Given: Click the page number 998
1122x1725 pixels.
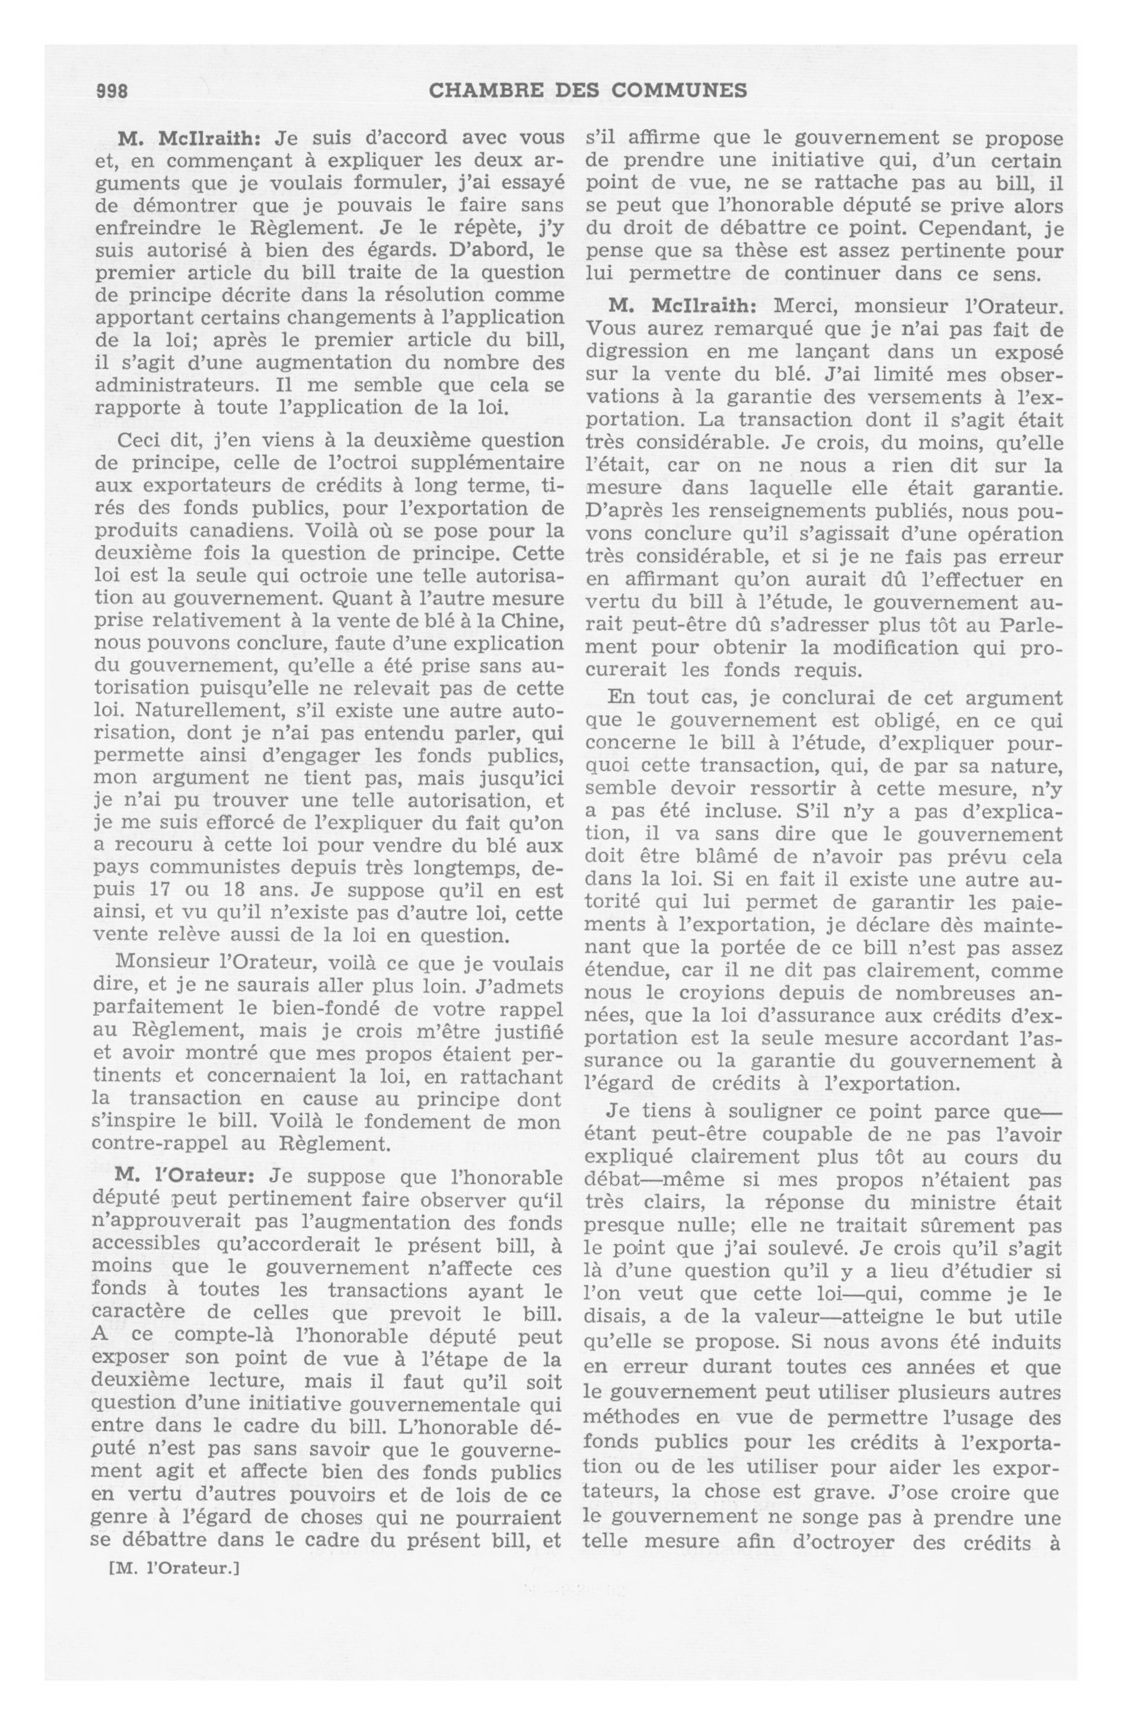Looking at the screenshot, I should [x=111, y=91].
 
